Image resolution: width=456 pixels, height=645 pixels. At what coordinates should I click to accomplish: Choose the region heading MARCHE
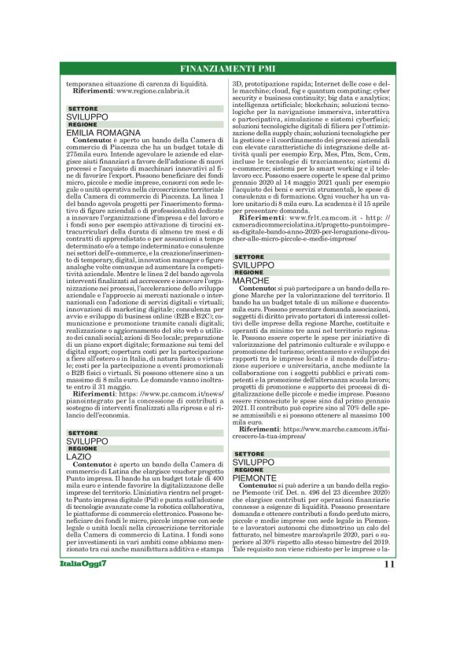tap(252, 279)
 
